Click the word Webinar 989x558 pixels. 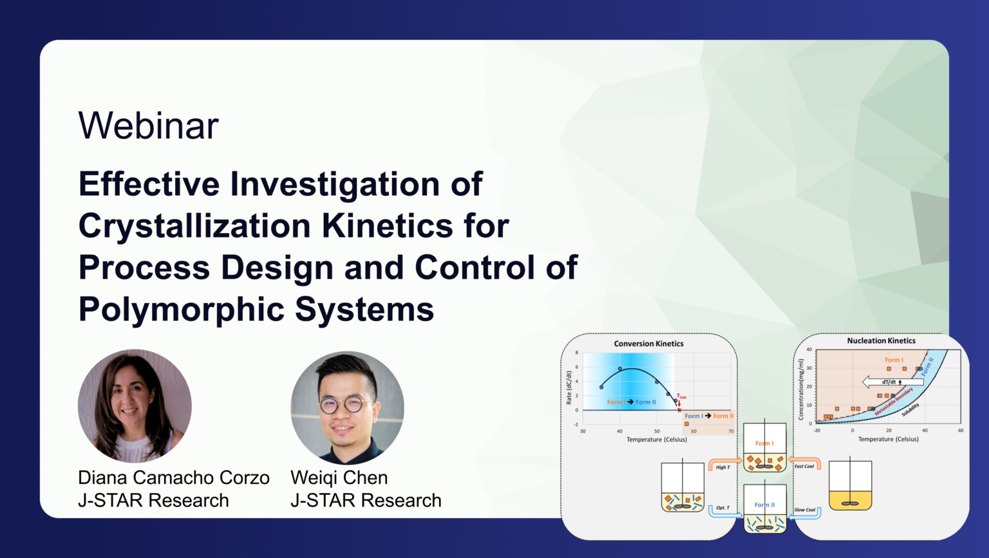click(x=148, y=126)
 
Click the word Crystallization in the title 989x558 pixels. click(x=194, y=227)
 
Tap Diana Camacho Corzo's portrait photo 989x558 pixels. click(x=135, y=406)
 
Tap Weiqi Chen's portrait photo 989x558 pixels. click(x=347, y=407)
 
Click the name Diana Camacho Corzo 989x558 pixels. click(x=173, y=478)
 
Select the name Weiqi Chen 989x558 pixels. click(x=339, y=478)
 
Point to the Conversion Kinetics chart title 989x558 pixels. click(x=648, y=344)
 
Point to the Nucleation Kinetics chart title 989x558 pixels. click(x=881, y=340)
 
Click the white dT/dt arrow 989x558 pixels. click(x=891, y=382)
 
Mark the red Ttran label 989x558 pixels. click(x=681, y=396)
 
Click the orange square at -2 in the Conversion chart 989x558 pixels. click(x=686, y=424)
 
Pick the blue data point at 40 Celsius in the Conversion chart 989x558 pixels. click(x=620, y=369)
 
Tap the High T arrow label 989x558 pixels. click(x=722, y=467)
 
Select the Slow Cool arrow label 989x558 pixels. click(x=804, y=510)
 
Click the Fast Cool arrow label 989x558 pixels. click(x=804, y=466)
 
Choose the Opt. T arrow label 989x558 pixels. click(x=722, y=508)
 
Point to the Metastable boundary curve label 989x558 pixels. click(x=894, y=401)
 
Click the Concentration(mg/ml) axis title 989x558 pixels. click(x=801, y=389)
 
